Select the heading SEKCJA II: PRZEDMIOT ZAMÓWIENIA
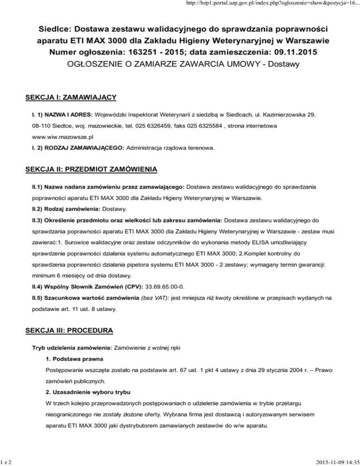point(91,168)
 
